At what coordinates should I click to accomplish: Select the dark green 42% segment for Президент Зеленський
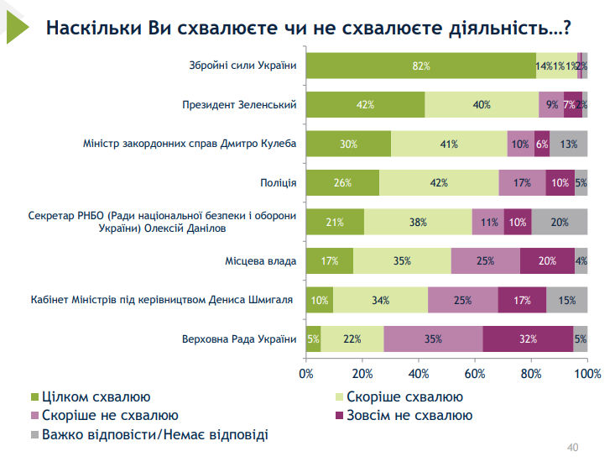365,105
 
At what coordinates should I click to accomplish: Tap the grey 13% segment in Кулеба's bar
568,144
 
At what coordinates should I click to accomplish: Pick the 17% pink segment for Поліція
521,182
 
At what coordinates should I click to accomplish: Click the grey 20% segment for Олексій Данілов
560,222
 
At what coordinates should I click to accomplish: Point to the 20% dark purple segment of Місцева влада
547,260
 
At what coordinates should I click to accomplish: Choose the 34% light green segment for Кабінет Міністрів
380,300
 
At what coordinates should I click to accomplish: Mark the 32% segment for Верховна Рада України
528,339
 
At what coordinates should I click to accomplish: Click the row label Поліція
279,182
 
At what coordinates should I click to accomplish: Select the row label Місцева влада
261,260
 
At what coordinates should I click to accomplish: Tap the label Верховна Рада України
239,339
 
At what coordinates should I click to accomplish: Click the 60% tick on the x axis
475,372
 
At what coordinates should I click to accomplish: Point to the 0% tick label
306,372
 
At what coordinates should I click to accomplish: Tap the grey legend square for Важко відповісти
34,434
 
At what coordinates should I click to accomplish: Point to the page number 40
574,446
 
